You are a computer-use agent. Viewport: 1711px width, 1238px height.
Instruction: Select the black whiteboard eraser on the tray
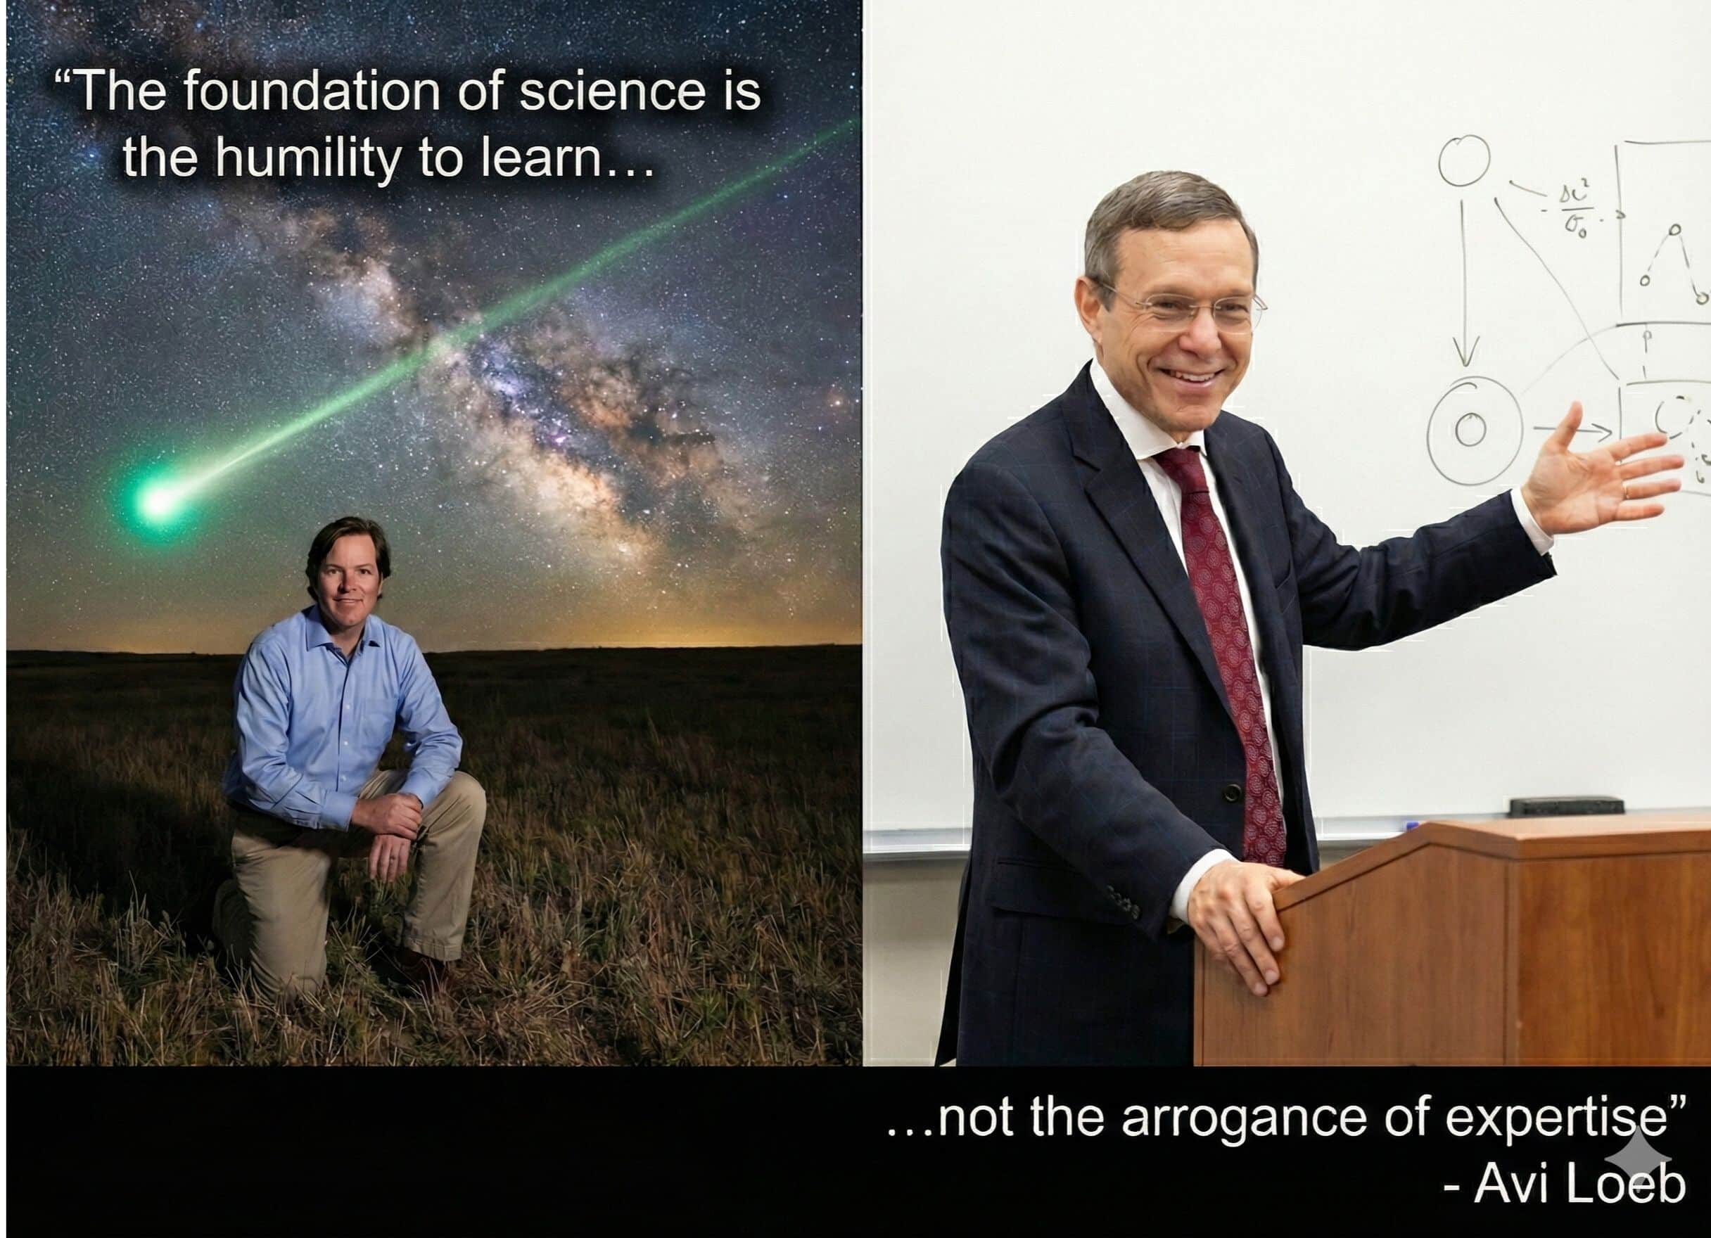pyautogui.click(x=1566, y=805)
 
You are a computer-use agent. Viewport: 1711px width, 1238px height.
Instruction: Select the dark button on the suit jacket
pyautogui.click(x=1232, y=793)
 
